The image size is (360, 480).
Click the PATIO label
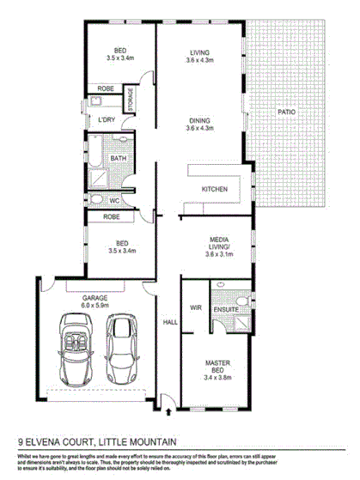pyautogui.click(x=286, y=112)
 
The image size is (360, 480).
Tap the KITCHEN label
pyautogui.click(x=214, y=189)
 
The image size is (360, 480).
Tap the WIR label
pyautogui.click(x=194, y=305)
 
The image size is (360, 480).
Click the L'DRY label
pyautogui.click(x=107, y=118)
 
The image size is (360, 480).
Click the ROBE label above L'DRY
pyautogui.click(x=107, y=88)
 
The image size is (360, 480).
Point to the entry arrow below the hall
pyautogui.click(x=164, y=398)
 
